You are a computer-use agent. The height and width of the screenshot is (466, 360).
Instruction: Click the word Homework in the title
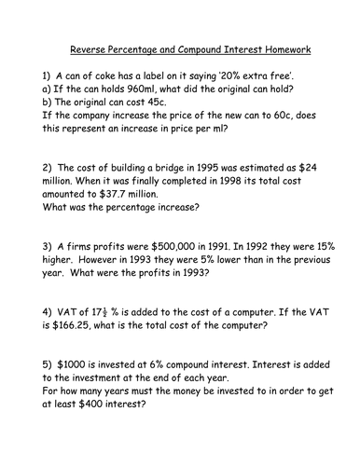[x=283, y=49]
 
